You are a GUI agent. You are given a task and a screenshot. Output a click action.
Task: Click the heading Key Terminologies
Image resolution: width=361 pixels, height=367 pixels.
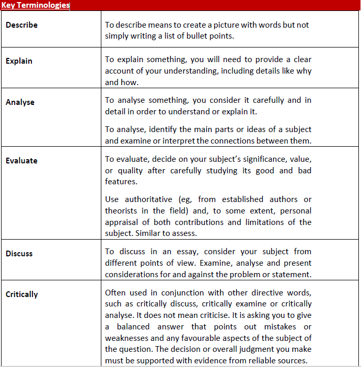tap(36, 5)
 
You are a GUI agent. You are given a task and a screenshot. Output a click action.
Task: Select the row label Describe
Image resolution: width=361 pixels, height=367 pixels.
tap(21, 25)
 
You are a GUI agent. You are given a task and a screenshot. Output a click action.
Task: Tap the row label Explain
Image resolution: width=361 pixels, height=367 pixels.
tap(19, 61)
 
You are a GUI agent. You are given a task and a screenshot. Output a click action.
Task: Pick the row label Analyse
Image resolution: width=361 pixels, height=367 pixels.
tap(20, 102)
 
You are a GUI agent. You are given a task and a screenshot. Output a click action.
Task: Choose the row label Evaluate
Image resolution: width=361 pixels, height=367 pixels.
tap(21, 161)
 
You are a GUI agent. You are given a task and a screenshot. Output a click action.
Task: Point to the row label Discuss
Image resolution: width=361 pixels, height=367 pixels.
tap(19, 254)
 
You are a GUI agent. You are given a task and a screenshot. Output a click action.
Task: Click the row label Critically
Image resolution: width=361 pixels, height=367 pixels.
tap(22, 294)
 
